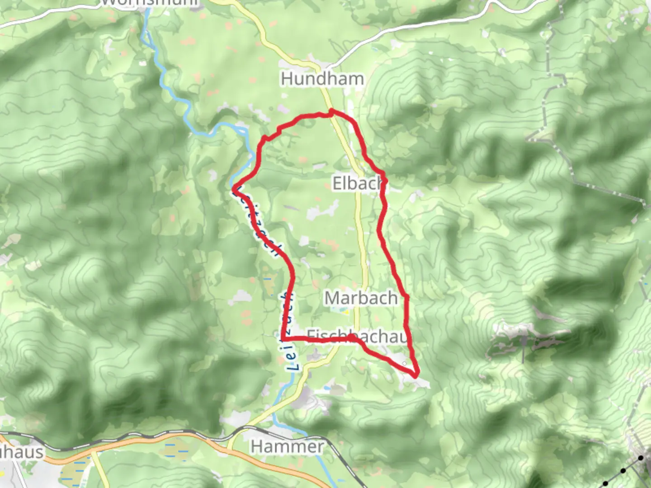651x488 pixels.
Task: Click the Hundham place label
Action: [x=322, y=79]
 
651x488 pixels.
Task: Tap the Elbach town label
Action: [x=358, y=183]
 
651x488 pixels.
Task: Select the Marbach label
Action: [x=361, y=298]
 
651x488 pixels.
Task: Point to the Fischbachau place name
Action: [x=357, y=336]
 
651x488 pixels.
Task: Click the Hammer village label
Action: [x=287, y=447]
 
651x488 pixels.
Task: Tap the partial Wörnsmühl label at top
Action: [x=149, y=3]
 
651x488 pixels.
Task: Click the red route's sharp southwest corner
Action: [x=283, y=339]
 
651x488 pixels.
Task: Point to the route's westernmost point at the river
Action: [x=234, y=190]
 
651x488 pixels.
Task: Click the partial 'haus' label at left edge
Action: [x=22, y=452]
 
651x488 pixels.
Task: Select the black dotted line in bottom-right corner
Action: [x=623, y=471]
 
